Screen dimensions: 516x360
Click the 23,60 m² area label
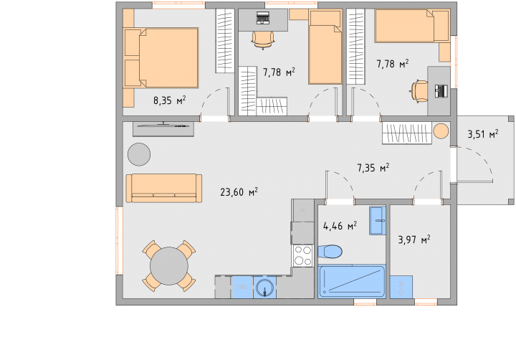239,191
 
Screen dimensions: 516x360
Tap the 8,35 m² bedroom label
169,100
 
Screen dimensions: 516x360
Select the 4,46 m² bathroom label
340,226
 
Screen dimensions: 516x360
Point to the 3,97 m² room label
414,240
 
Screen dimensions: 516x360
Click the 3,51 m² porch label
483,134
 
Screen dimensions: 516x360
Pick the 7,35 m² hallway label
373,168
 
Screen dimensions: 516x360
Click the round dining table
169,266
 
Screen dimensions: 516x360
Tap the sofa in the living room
164,188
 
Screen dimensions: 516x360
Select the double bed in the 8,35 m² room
161,57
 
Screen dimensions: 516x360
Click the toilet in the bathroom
330,252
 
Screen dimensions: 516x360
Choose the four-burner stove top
303,256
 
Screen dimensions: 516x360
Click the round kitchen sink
264,288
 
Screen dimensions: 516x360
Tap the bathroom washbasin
378,220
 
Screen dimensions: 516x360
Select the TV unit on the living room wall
163,129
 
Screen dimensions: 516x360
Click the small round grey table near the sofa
139,154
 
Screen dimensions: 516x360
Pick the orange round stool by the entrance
441,131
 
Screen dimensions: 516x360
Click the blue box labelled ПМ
242,287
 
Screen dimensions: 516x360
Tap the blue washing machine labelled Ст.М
401,287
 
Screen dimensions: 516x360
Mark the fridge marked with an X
302,210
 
